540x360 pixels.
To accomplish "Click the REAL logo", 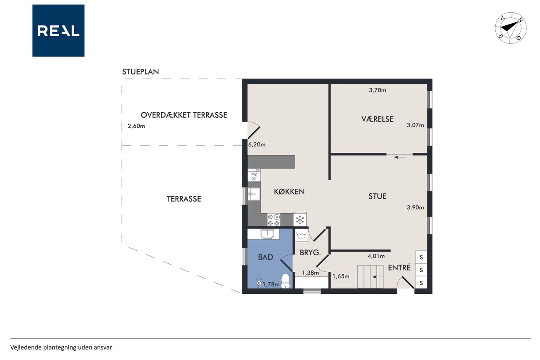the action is click(58, 31).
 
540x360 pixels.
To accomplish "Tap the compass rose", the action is click(510, 28).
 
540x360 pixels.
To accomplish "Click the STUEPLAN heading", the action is click(140, 72).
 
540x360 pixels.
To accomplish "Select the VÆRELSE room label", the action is click(377, 119).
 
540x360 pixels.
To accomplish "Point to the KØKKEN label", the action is click(289, 192).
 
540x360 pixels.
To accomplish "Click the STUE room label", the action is click(377, 196).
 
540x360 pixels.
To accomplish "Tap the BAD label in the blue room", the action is click(265, 257).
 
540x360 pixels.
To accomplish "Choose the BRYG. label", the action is click(310, 253).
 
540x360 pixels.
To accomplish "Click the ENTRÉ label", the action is click(399, 267).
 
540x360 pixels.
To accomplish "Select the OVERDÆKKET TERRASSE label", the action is click(184, 115).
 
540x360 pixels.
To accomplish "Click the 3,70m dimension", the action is click(378, 90).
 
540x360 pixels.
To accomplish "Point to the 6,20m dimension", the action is click(257, 144).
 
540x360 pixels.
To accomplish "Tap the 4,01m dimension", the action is click(376, 256).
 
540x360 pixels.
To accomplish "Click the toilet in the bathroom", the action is click(286, 281).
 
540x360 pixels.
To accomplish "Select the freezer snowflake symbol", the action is click(300, 219).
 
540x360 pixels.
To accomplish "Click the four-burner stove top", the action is click(274, 219).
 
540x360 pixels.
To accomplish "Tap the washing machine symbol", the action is click(301, 235).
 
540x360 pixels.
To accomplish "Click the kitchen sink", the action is click(254, 194).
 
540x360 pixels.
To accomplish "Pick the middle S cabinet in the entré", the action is click(421, 270).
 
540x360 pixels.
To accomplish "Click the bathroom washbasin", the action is click(267, 234).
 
